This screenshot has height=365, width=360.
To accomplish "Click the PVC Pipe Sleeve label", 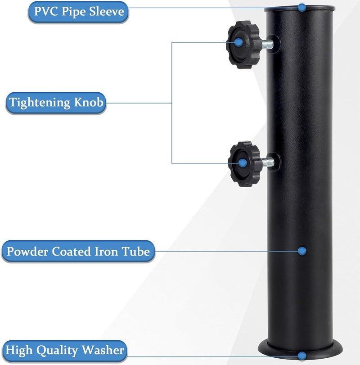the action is (x=78, y=12).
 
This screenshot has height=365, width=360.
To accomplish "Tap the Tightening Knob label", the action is (x=56, y=103).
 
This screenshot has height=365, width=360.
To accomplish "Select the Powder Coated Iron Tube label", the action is (x=78, y=251).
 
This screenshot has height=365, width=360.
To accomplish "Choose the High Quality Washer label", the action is (x=64, y=351).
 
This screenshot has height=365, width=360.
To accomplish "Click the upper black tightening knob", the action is (x=243, y=45).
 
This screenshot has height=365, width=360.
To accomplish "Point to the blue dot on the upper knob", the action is (x=238, y=42).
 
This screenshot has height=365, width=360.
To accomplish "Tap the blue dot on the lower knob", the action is (x=243, y=163).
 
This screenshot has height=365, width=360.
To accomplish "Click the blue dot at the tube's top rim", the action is (x=302, y=8).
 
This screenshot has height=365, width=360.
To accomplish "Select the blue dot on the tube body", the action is (x=302, y=251).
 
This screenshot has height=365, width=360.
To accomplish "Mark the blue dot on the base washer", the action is (x=302, y=356).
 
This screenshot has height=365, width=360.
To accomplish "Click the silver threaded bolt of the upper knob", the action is (x=268, y=45).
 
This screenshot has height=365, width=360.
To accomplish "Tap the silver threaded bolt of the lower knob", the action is (x=268, y=162).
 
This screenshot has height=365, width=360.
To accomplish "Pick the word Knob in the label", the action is (x=89, y=102).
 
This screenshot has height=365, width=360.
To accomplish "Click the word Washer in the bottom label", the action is (x=103, y=350).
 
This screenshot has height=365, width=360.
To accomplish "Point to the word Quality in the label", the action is (x=57, y=351).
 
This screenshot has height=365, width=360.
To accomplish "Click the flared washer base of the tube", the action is (x=300, y=351).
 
